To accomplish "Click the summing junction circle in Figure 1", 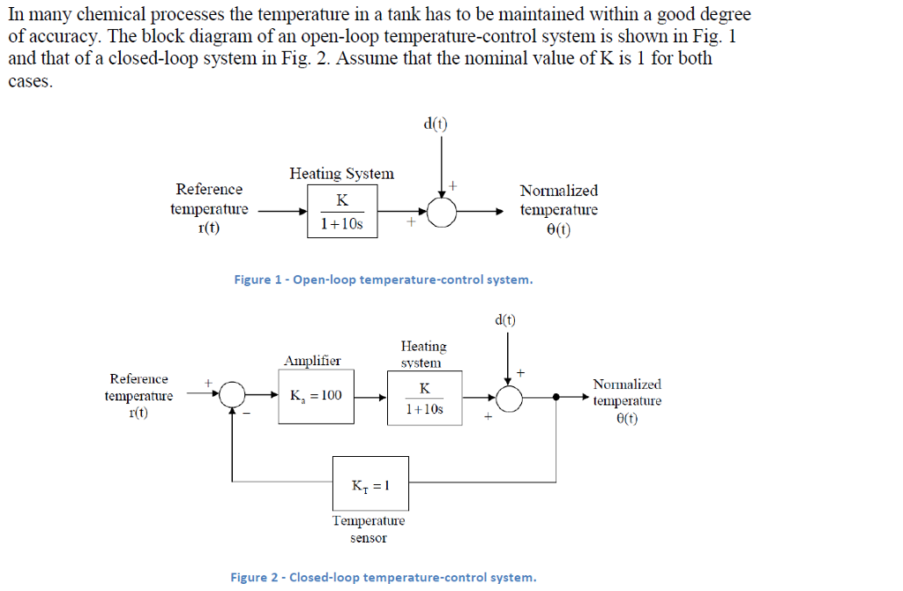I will coord(442,212).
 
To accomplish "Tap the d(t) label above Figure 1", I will coord(436,123).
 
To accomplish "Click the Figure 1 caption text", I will coord(384,280).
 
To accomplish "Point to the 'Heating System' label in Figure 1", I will coord(341,174).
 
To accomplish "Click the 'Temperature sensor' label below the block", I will coord(369,529).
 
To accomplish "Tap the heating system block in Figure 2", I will coord(424,398).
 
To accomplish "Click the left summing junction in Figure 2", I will coord(232,396).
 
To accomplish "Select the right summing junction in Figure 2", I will coord(509,397).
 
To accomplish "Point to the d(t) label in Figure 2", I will coord(504,319).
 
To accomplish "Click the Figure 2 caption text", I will coord(383,578).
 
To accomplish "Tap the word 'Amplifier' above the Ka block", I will coord(312,360).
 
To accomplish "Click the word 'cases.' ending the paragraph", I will coord(31,82).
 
